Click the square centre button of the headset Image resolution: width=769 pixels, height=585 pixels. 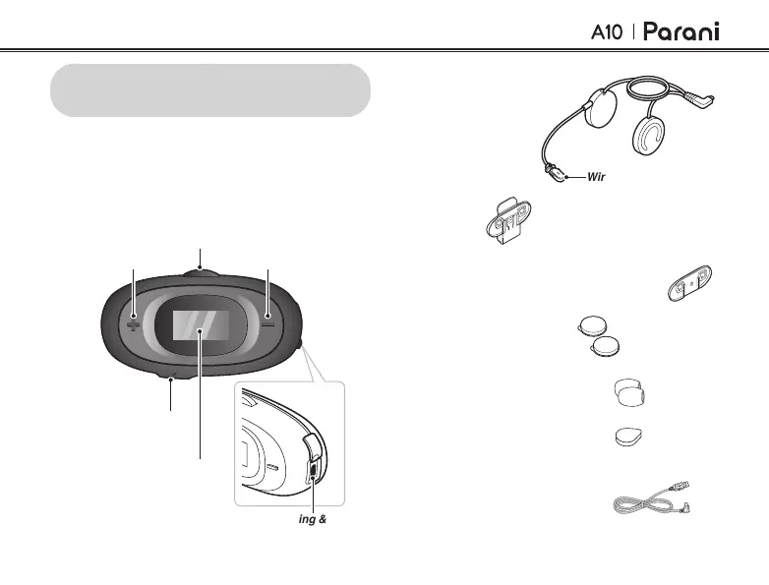tap(201, 324)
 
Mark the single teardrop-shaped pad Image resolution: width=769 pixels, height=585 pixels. tap(627, 435)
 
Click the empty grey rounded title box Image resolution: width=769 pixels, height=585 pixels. tap(211, 90)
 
